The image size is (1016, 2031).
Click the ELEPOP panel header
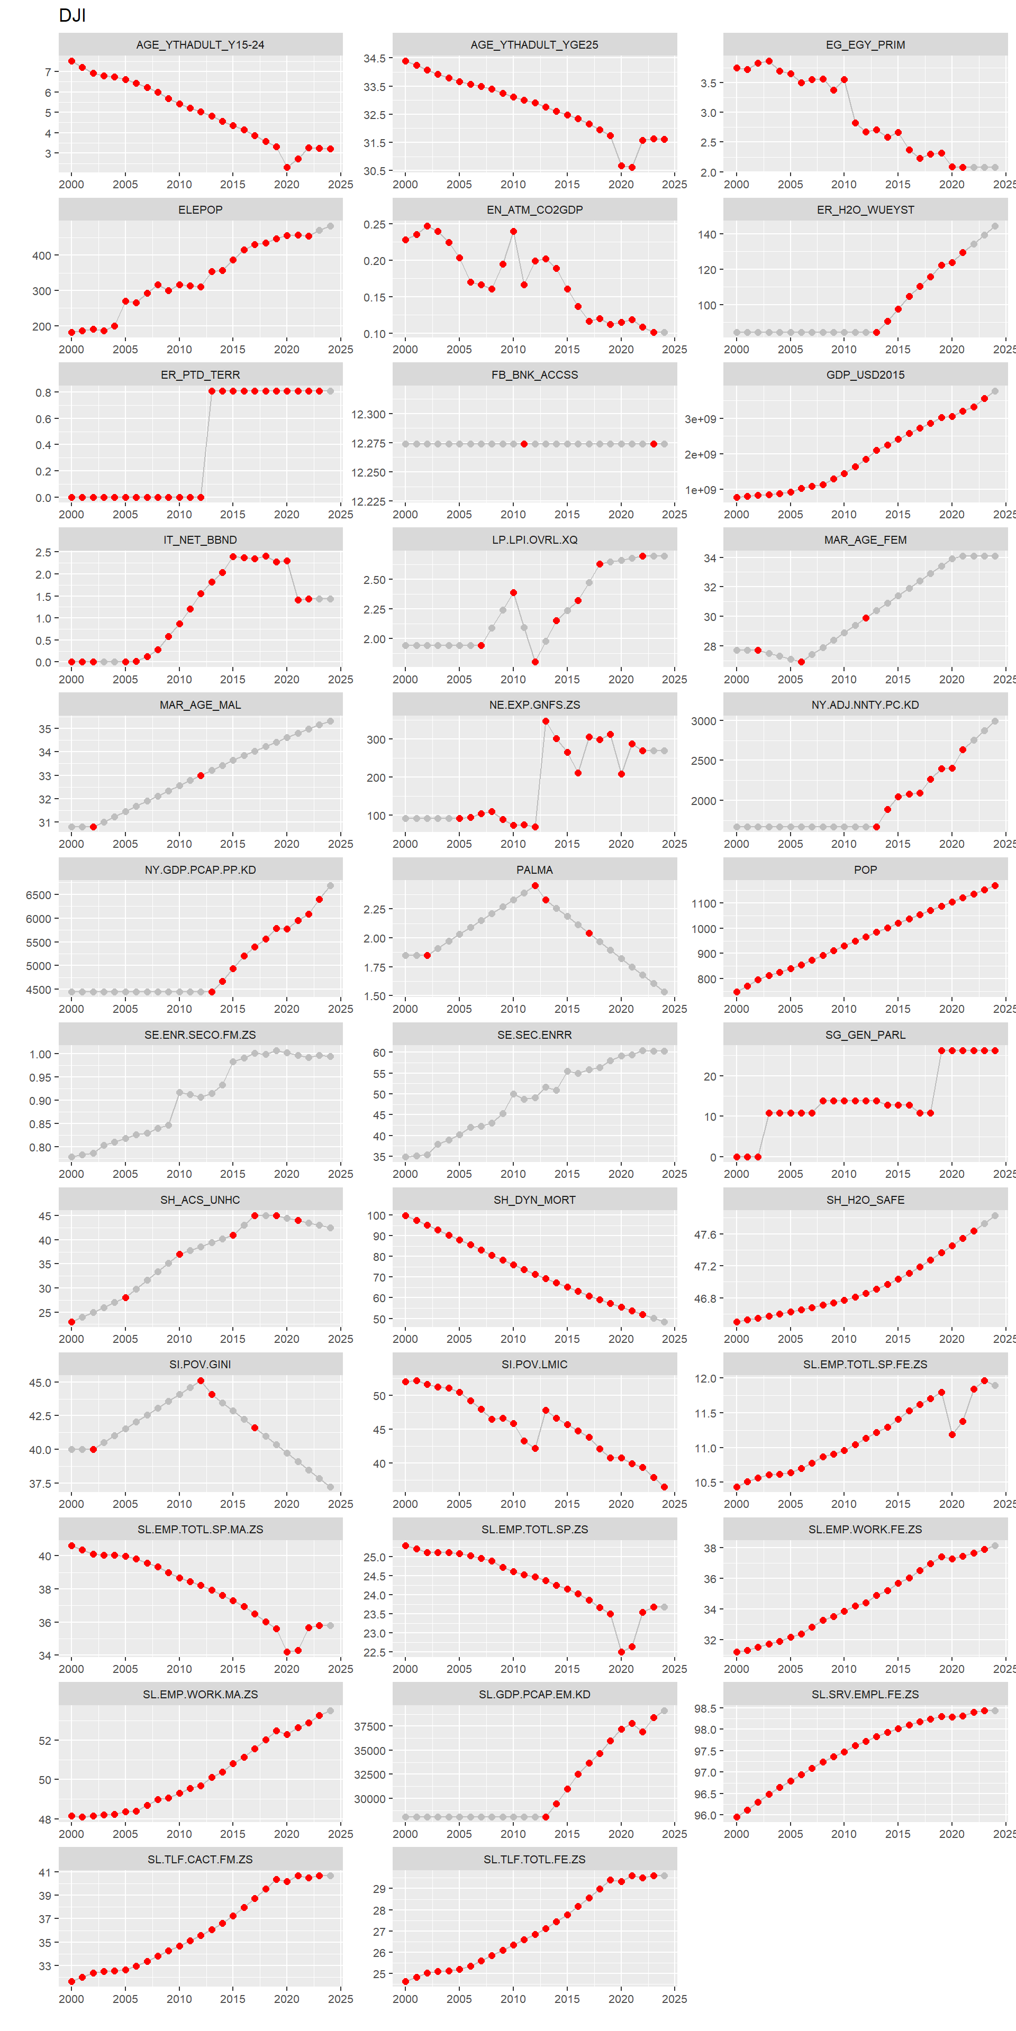(x=201, y=210)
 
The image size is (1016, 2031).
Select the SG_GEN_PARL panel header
(x=865, y=1035)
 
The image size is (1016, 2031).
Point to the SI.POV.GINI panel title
(x=201, y=1364)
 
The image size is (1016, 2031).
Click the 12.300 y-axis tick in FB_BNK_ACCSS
(x=368, y=415)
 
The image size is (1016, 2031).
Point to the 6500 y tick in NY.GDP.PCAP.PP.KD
(x=38, y=895)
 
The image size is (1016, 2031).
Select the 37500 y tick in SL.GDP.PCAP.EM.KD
(x=369, y=1727)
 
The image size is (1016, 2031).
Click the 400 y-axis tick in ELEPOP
(x=41, y=255)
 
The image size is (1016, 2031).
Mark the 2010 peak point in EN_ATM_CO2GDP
(x=513, y=232)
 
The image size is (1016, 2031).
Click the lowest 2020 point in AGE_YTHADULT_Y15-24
(x=287, y=167)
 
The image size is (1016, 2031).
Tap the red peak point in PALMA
(x=535, y=885)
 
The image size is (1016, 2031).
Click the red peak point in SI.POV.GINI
(x=201, y=1380)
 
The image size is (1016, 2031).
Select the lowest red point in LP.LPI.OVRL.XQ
(x=535, y=662)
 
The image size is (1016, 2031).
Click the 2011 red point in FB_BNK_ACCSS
(x=524, y=444)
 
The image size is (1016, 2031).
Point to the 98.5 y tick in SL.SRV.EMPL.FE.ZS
(x=704, y=1708)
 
